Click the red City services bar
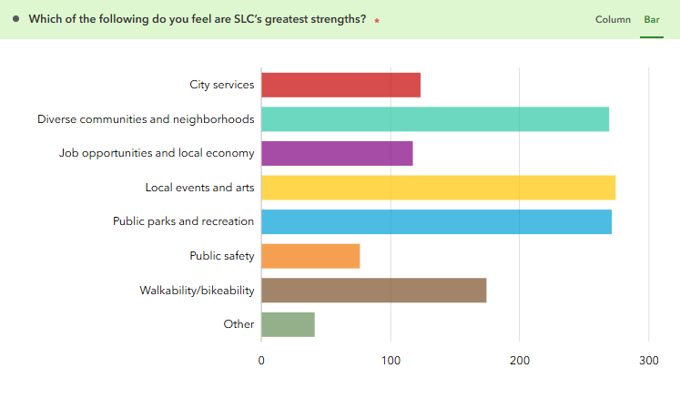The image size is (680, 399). (340, 85)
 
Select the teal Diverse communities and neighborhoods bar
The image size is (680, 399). (435, 119)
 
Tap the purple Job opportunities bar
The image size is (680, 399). (337, 153)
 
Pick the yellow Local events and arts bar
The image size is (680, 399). (438, 188)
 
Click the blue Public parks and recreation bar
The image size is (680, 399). (436, 221)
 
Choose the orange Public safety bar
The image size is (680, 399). (310, 256)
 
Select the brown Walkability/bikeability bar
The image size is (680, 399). (373, 290)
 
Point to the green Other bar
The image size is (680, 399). (288, 324)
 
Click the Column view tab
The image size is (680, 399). (613, 19)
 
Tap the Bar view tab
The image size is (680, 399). (652, 19)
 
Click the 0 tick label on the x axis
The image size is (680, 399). (261, 360)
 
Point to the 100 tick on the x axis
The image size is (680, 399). (391, 360)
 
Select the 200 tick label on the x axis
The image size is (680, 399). (519, 360)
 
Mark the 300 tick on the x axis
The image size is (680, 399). (648, 360)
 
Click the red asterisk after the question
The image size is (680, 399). (377, 20)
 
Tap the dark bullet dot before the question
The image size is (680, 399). (16, 18)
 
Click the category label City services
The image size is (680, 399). (221, 85)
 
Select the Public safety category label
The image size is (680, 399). (221, 256)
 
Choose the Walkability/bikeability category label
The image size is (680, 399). (197, 290)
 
